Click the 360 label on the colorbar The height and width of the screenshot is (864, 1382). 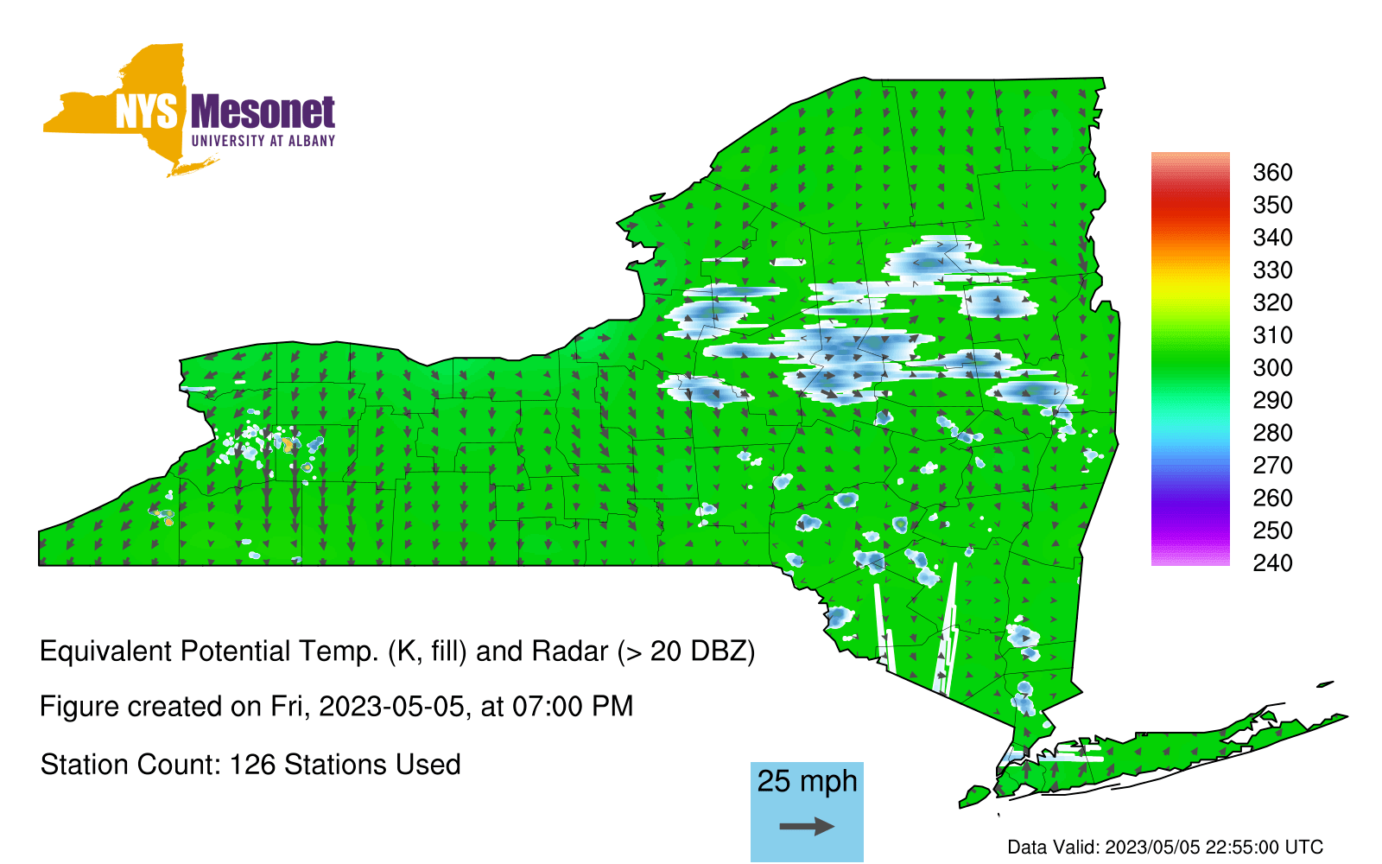(1272, 172)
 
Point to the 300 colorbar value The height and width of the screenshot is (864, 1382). (1272, 368)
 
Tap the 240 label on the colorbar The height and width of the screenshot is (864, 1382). (1272, 562)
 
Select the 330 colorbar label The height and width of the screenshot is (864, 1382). (1272, 270)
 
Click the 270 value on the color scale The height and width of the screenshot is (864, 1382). (1272, 466)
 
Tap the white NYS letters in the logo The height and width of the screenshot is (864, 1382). (147, 111)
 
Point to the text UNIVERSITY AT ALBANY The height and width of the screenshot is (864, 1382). (263, 141)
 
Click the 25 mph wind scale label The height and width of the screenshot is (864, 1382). (807, 782)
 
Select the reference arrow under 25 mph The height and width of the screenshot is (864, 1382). (807, 826)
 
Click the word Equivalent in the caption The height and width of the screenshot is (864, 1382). (105, 651)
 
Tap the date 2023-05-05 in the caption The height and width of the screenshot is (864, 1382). (391, 707)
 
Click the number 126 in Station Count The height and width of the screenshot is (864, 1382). (251, 765)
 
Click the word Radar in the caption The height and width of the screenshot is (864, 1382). (570, 651)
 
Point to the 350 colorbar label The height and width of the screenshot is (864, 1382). (1272, 205)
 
